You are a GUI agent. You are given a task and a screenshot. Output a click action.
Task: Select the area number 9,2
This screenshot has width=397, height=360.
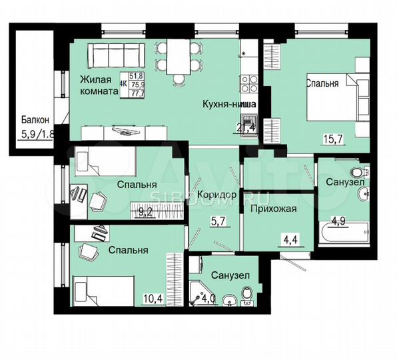(145, 213)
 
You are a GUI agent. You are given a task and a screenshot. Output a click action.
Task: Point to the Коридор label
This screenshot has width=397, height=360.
(217, 194)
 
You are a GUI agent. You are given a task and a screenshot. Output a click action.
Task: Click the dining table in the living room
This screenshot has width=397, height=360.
(178, 59)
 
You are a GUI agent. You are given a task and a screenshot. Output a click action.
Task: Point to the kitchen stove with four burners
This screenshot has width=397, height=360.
(249, 84)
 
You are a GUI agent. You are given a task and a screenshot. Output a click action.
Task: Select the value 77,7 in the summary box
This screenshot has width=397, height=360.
(139, 93)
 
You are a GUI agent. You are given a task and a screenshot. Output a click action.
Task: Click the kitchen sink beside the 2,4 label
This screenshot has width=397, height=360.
(249, 122)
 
